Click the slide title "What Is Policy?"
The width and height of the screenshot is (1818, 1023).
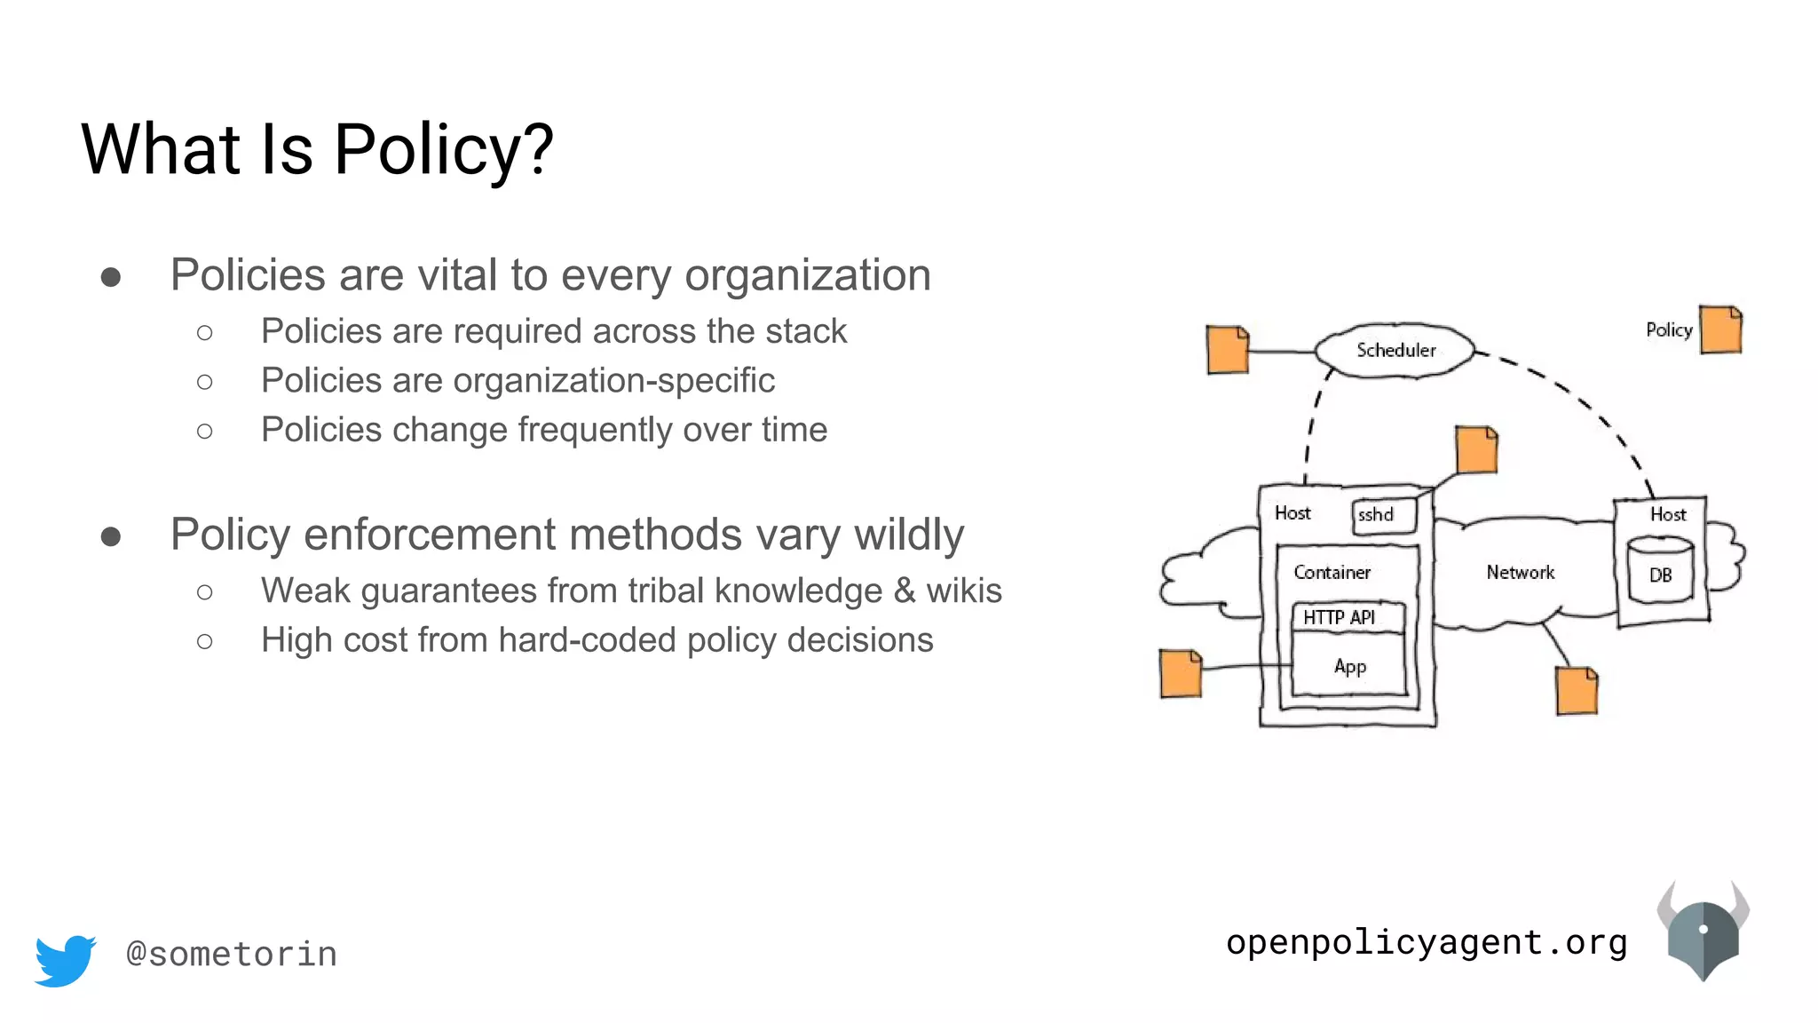[x=317, y=149]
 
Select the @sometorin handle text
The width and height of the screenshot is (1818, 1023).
[x=232, y=955]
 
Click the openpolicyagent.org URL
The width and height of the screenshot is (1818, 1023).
[x=1427, y=942]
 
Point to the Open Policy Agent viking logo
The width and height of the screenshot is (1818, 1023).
[x=1703, y=932]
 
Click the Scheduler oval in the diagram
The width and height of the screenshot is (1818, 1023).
[x=1395, y=351]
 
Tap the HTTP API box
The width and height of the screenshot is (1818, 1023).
[x=1347, y=617]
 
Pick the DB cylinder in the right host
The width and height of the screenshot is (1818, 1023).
[x=1660, y=571]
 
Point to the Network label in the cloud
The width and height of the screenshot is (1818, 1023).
[x=1520, y=573]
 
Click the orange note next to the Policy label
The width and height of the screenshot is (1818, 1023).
[x=1720, y=329]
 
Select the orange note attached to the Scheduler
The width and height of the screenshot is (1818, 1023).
[x=1228, y=350]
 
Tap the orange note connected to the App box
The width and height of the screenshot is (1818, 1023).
[x=1181, y=673]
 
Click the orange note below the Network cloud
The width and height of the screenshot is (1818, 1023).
[x=1577, y=691]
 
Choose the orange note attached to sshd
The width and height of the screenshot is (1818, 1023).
[x=1476, y=450]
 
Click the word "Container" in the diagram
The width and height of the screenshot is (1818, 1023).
[x=1332, y=573]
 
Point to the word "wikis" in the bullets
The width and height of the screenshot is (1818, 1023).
[x=964, y=591]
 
